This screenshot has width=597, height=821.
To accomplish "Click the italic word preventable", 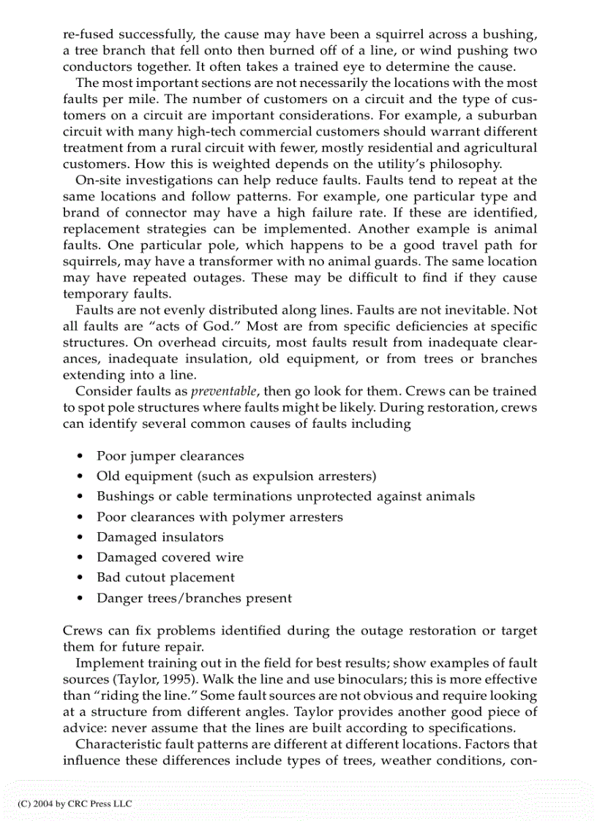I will coord(226,391).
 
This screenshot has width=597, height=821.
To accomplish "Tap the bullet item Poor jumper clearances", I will coord(170,456).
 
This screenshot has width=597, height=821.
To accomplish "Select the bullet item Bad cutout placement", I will coord(165,578).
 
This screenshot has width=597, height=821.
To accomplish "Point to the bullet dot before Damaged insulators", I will coord(79,537).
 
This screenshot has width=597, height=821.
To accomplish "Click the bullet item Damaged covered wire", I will coord(170,557).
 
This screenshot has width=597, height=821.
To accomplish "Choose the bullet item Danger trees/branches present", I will coord(194,598).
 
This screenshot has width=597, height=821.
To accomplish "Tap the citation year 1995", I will coord(179,680).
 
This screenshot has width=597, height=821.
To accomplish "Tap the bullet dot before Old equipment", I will coord(79,477).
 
